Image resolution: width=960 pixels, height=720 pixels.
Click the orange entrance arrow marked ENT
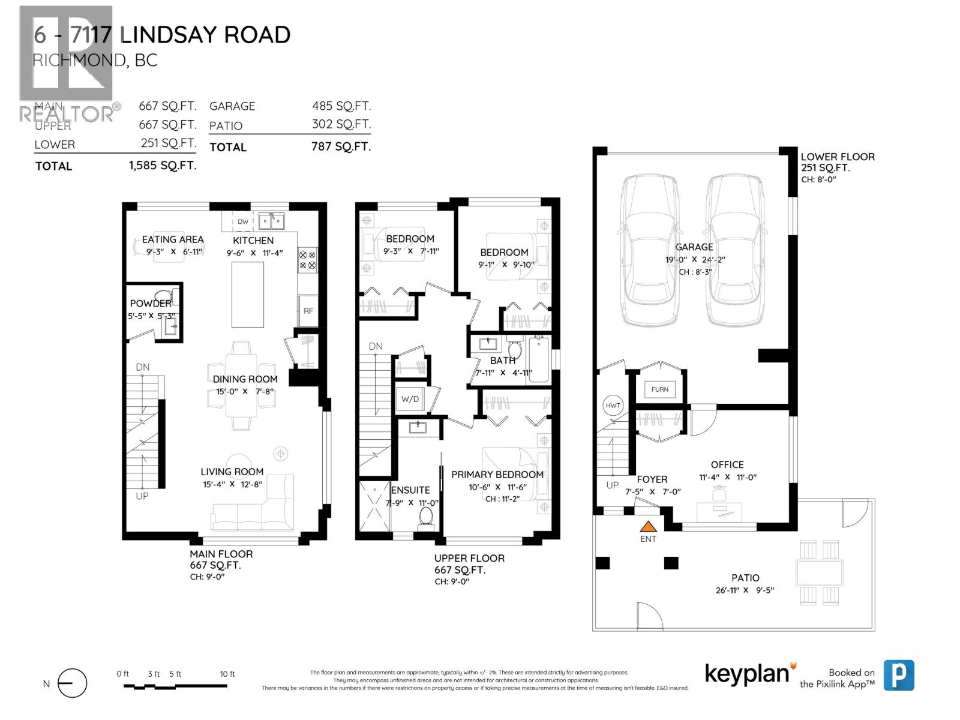[648, 527]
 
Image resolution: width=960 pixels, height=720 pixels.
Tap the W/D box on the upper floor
[410, 399]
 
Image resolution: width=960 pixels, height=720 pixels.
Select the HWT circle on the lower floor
[613, 406]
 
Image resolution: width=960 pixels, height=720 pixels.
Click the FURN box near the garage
[659, 389]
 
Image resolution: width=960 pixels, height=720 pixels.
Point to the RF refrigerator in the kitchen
[308, 311]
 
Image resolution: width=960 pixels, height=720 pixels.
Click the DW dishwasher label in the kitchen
[243, 222]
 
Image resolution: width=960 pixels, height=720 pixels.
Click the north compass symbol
[72, 683]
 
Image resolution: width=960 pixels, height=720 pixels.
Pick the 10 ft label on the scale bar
[227, 674]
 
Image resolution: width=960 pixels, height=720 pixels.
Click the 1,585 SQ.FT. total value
[163, 166]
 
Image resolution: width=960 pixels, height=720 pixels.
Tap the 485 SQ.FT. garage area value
[341, 106]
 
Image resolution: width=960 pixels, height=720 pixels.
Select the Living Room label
[232, 472]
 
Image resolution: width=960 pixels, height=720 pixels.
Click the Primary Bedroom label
[497, 475]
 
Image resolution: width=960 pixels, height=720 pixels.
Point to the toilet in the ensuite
[426, 517]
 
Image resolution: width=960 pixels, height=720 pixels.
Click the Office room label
[727, 464]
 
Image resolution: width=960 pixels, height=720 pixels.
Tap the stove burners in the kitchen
[308, 259]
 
